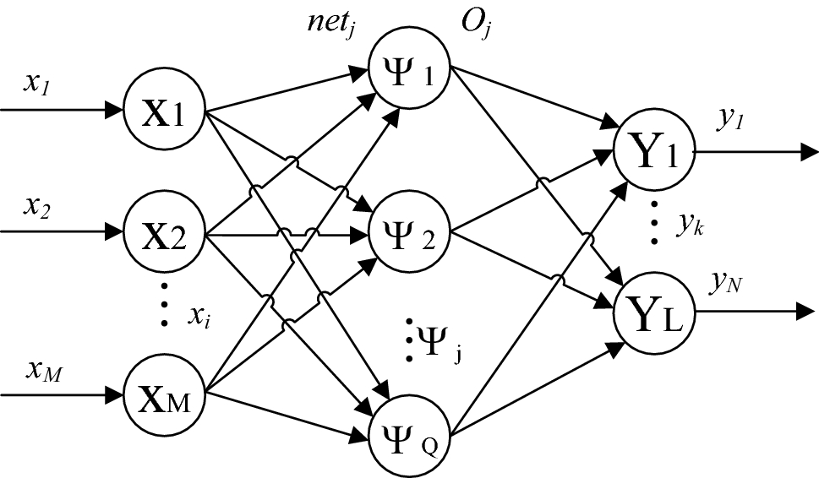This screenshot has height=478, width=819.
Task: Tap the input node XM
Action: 165,393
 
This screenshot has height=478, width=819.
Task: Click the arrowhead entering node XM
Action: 114,394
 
